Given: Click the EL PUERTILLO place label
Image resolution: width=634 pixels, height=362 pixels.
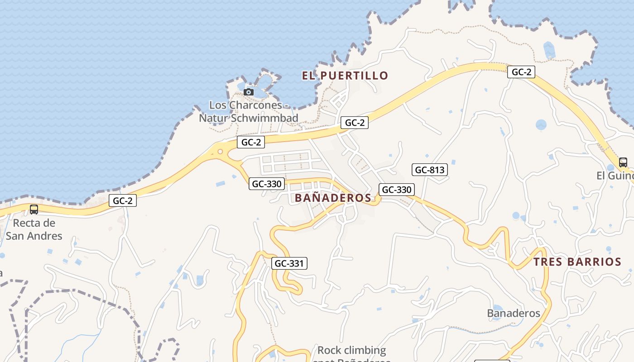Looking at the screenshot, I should pyautogui.click(x=345, y=76).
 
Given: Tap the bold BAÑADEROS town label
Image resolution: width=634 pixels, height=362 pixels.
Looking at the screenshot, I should pyautogui.click(x=333, y=198).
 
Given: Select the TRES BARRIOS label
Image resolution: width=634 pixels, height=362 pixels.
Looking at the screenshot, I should pyautogui.click(x=577, y=262).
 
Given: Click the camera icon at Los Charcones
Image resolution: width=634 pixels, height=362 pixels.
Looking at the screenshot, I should pyautogui.click(x=248, y=92).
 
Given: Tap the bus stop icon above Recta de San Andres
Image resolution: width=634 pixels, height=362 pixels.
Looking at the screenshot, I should pyautogui.click(x=34, y=209).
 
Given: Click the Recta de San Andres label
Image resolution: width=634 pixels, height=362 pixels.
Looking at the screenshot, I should pyautogui.click(x=34, y=229).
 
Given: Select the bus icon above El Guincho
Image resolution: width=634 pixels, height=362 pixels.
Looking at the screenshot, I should pyautogui.click(x=623, y=162).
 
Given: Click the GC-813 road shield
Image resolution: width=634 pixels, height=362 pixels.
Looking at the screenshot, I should pyautogui.click(x=429, y=170).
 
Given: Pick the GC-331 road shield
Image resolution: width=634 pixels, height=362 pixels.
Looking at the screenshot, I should pyautogui.click(x=289, y=263).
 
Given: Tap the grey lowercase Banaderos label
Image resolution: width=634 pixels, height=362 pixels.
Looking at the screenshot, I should pyautogui.click(x=514, y=313).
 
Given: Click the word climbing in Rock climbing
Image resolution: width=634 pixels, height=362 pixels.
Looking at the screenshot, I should pyautogui.click(x=364, y=350).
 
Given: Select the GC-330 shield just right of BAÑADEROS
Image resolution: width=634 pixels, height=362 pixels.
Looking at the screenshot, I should pyautogui.click(x=396, y=190).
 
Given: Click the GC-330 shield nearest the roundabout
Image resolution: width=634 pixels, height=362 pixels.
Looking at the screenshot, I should pyautogui.click(x=267, y=184).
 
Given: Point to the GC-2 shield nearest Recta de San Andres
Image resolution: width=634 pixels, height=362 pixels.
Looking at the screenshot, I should pyautogui.click(x=122, y=200).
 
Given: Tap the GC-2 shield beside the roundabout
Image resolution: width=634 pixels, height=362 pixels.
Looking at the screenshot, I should pyautogui.click(x=251, y=142).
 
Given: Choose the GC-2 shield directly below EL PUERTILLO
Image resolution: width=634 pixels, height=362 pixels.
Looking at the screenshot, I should pyautogui.click(x=354, y=122).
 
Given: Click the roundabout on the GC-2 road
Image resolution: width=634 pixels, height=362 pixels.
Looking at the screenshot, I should pyautogui.click(x=221, y=152).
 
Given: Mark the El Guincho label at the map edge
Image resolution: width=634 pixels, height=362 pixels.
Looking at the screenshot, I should pyautogui.click(x=615, y=176).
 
